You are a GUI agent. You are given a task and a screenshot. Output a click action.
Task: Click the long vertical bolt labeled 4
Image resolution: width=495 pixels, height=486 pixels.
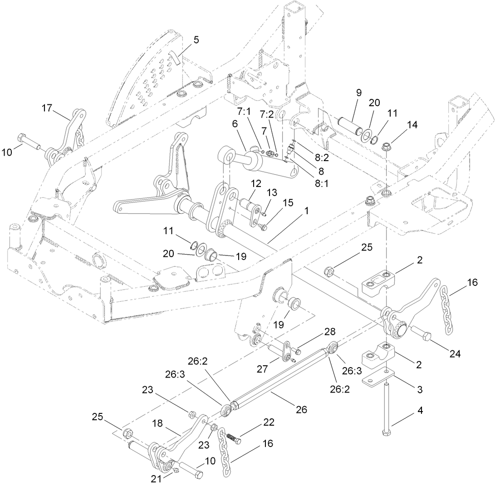point(386,408)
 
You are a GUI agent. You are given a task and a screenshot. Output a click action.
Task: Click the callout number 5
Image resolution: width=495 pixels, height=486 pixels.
point(196,40)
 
